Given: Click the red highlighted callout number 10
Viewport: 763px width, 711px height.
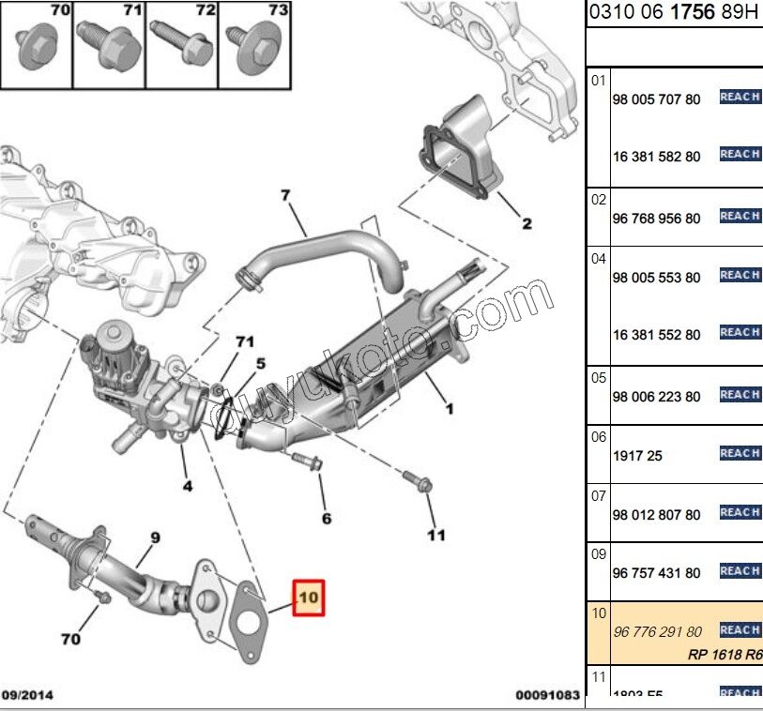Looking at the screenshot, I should (309, 597).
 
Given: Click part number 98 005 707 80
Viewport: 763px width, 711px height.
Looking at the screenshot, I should (656, 99).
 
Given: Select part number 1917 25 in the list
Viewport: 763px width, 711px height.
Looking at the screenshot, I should (637, 456).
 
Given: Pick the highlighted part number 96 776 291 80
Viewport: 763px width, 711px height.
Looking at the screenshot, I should (656, 632).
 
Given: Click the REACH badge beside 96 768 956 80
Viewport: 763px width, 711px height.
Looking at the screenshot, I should (740, 216).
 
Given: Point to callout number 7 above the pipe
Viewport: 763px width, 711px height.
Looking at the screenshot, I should (285, 196).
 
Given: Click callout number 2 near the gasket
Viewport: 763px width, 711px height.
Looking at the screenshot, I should (526, 223).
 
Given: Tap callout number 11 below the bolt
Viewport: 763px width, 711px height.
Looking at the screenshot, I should (435, 537).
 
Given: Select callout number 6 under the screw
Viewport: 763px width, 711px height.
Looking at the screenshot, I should (326, 518).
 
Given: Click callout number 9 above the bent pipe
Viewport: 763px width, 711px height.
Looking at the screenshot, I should (155, 537).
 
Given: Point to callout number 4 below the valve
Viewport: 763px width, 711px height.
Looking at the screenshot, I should (188, 486).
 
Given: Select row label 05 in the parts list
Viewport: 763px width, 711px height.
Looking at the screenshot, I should (598, 378).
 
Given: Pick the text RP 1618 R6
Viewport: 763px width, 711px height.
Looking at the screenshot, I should (726, 656).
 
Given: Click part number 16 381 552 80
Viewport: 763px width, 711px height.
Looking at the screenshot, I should (656, 335).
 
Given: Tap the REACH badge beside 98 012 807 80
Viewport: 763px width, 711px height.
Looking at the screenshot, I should (740, 512).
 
